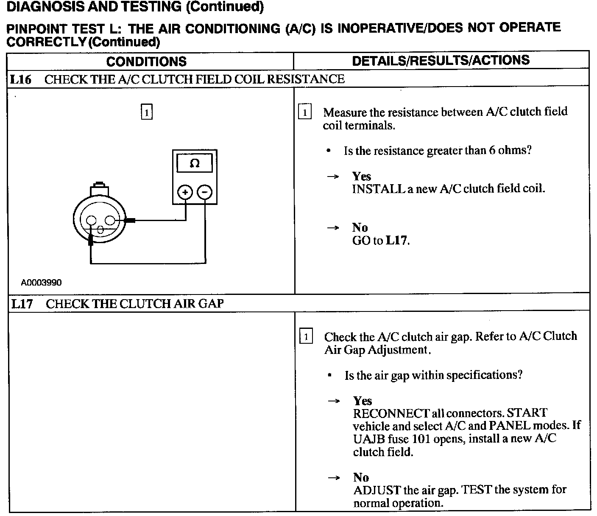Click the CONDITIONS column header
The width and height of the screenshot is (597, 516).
[146, 62]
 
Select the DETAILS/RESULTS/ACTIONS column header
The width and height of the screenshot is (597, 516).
[441, 60]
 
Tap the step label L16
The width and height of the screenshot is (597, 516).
[21, 79]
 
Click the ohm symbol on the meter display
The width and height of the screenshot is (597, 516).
[195, 163]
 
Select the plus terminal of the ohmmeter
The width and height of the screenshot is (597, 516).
[185, 193]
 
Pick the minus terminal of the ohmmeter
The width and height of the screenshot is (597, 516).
[205, 193]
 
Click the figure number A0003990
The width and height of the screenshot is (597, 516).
[41, 283]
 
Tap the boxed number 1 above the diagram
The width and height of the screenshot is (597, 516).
[146, 112]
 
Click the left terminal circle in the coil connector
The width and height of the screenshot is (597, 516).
[92, 220]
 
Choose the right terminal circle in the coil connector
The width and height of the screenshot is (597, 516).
[110, 220]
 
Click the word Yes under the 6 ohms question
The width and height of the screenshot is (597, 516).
[361, 176]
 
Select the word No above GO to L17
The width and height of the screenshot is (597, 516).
[360, 227]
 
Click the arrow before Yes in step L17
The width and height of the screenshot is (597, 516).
[334, 401]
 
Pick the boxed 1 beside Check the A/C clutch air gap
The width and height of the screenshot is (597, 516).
[306, 337]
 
